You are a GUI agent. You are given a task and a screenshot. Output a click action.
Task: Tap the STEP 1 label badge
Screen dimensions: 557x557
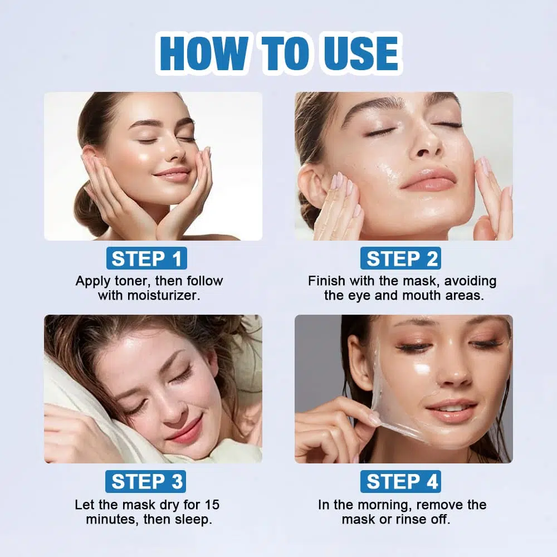tap(146, 258)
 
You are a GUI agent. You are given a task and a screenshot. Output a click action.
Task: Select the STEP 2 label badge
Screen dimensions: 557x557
tap(400, 258)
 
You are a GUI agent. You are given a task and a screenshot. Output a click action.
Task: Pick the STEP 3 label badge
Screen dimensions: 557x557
tap(145, 481)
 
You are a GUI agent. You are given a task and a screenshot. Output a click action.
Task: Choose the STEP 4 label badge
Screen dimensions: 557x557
tap(400, 481)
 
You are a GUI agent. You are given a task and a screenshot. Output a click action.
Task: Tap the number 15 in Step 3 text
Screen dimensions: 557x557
tap(212, 505)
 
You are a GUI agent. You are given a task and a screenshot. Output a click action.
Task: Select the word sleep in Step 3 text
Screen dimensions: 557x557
tap(194, 520)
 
